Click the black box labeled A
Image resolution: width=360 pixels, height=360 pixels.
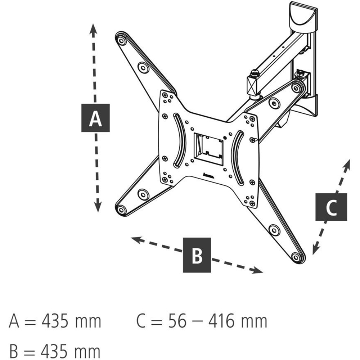point(95,118)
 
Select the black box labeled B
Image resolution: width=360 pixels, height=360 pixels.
point(197,255)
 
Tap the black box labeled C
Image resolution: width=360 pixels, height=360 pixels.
point(331,207)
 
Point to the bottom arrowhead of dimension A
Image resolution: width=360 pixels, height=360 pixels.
point(98,208)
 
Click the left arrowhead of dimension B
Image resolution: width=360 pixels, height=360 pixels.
point(135,239)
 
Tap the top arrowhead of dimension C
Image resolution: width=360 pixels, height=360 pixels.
point(347,164)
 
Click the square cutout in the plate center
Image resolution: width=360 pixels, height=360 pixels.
point(208,147)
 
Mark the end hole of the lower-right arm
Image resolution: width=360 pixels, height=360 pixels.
point(297,257)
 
